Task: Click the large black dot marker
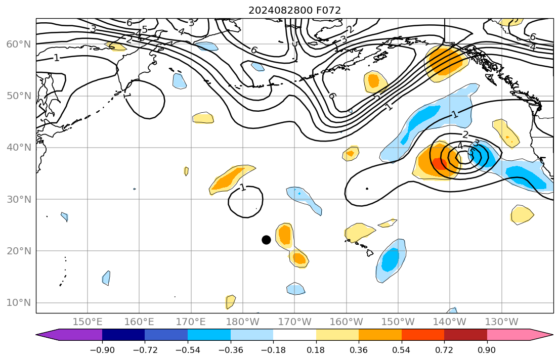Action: coord(266,240)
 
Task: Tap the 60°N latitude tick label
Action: coord(18,44)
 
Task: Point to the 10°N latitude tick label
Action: coord(18,303)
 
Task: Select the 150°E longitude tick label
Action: coord(88,322)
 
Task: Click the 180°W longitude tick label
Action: coord(243,322)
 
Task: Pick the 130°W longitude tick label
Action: coord(501,322)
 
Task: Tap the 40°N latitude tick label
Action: coord(18,148)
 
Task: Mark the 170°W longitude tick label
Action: coord(294,322)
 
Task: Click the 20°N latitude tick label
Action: coord(18,251)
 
